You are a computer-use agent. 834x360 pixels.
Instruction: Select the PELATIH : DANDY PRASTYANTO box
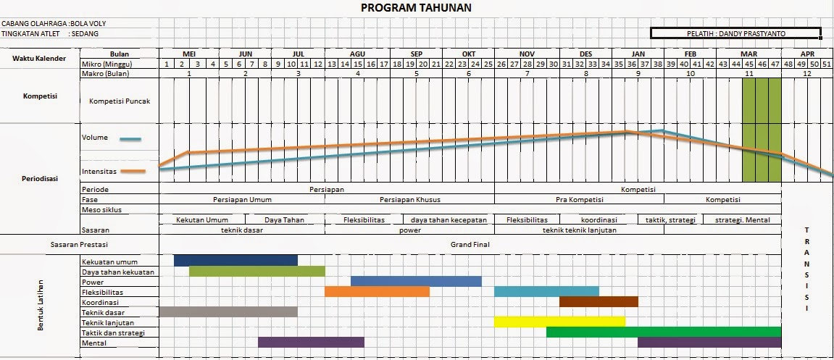735,33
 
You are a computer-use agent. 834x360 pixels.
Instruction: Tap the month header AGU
357,54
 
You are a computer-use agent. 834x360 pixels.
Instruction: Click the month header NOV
527,54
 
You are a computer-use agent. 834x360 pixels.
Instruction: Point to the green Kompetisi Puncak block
762,129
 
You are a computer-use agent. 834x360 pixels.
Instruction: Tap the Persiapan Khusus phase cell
409,200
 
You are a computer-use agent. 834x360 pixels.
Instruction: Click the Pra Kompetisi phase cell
579,200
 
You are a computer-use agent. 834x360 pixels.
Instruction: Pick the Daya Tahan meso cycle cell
283,219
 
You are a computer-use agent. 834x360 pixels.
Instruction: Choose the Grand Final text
470,245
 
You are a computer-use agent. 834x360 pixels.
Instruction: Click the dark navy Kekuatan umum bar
235,260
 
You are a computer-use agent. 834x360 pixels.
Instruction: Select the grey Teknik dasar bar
228,312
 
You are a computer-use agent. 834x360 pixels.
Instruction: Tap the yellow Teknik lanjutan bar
559,322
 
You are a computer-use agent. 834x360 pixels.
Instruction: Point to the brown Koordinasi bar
599,301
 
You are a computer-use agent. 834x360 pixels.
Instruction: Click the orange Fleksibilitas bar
377,291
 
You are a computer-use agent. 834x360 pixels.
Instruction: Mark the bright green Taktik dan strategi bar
663,332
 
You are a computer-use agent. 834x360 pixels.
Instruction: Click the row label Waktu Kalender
39,58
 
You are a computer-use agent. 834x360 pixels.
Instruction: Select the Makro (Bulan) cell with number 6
468,74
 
